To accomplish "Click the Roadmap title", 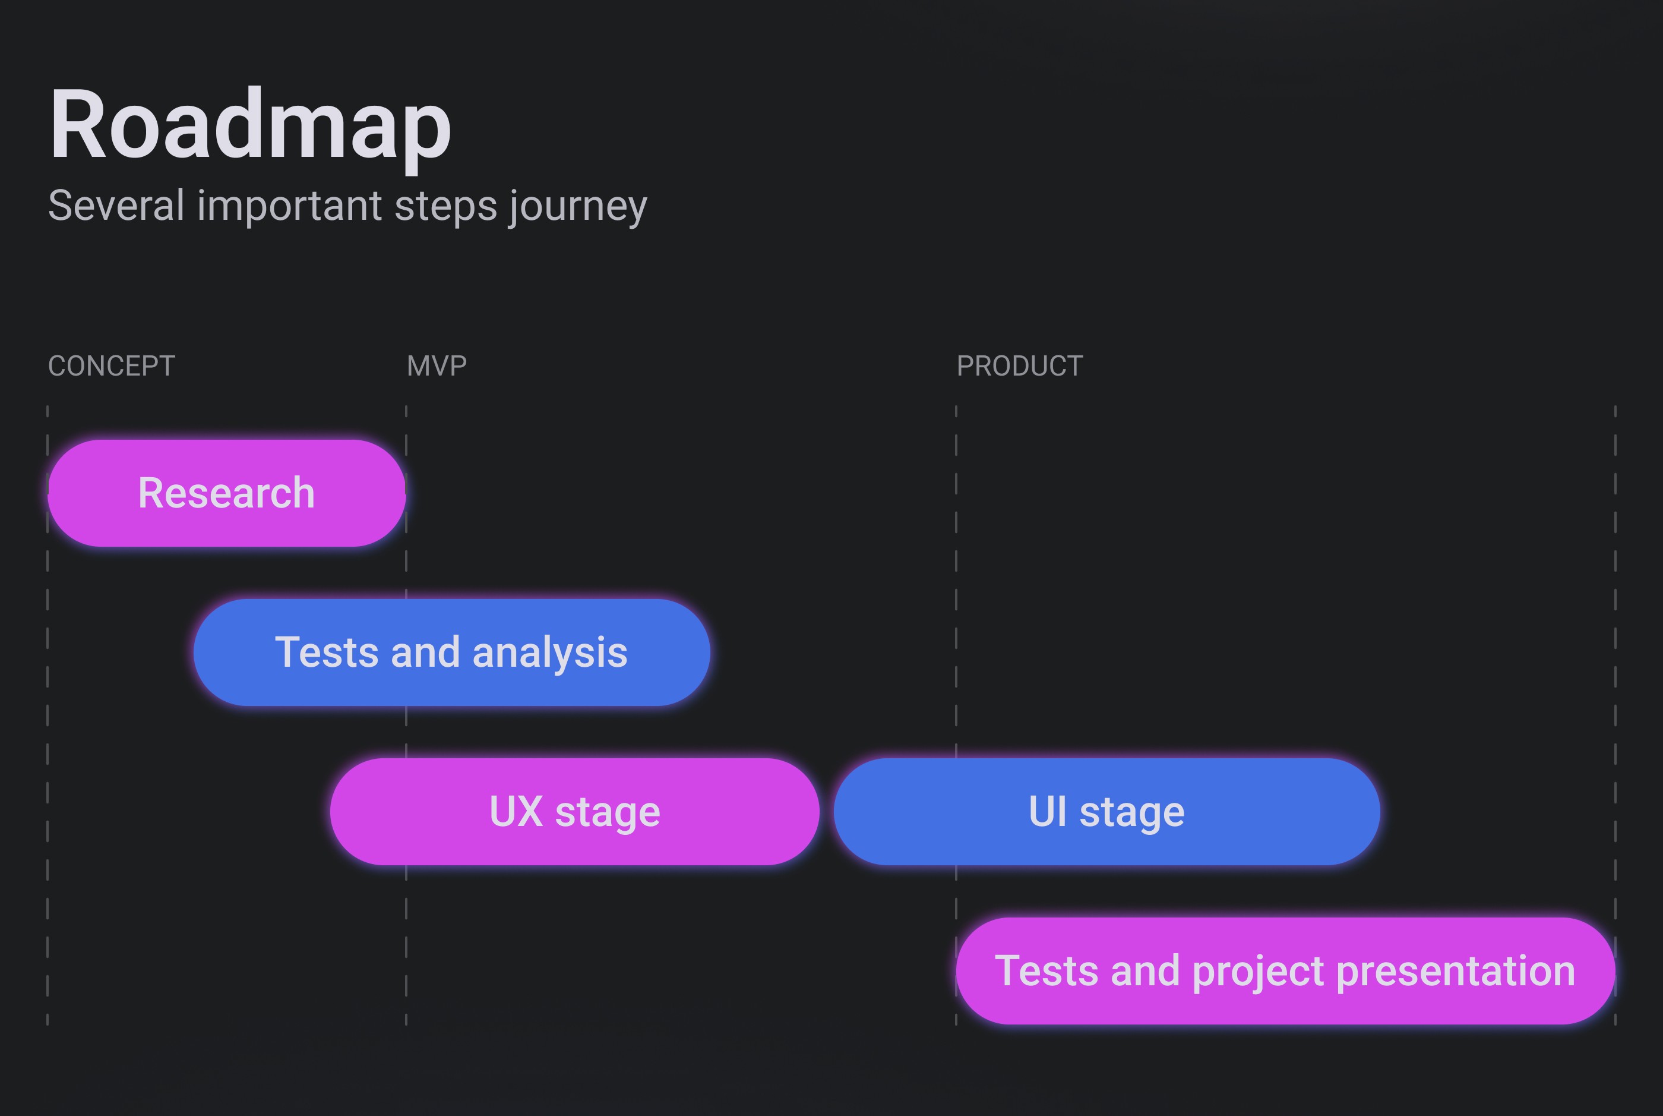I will click(x=249, y=125).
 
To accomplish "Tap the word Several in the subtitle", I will click(x=116, y=206).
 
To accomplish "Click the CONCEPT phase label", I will click(x=111, y=366).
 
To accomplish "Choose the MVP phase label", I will click(x=437, y=366).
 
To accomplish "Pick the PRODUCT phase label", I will click(x=1019, y=366).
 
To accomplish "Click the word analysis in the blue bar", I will click(x=550, y=652).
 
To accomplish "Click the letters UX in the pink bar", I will click(x=516, y=812).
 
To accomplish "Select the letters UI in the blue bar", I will click(x=1048, y=812).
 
